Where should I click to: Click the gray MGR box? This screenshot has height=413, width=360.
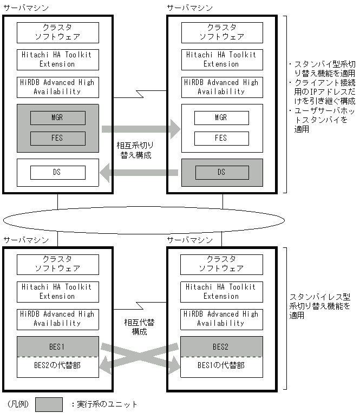[57, 117]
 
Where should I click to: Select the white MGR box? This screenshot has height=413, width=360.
[221, 117]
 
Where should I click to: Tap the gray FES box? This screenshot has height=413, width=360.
[57, 138]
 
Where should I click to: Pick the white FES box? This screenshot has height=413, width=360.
[221, 138]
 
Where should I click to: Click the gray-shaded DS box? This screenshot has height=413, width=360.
[221, 172]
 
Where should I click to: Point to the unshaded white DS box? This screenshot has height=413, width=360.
[57, 172]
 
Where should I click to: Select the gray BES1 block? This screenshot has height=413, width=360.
[57, 346]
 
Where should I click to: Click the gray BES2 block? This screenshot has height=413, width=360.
[221, 346]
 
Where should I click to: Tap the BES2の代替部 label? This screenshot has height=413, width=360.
[57, 365]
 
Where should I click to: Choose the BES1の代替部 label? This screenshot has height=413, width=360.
[221, 365]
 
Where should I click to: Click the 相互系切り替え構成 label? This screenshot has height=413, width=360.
[139, 150]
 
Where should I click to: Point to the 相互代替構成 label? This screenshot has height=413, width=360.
[139, 327]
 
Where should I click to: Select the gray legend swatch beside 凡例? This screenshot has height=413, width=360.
[49, 404]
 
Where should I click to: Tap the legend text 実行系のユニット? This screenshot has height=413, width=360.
[104, 404]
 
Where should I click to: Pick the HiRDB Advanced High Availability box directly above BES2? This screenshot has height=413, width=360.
[221, 318]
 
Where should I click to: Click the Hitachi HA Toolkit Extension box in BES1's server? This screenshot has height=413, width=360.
[57, 291]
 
